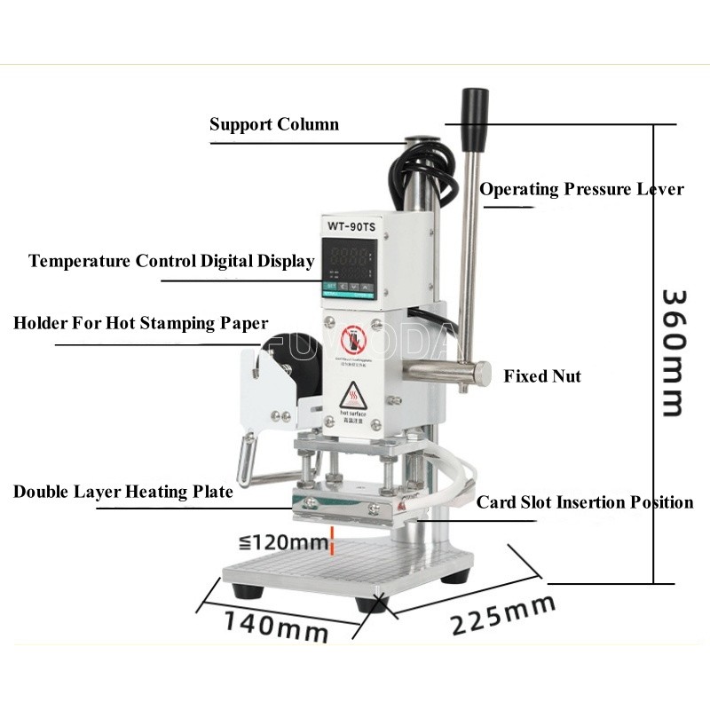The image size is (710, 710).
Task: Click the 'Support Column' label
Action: click(273, 124)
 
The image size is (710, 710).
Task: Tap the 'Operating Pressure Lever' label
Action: click(581, 189)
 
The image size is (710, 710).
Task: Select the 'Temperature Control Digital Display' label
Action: click(171, 261)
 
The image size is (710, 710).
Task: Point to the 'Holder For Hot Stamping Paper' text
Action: click(140, 323)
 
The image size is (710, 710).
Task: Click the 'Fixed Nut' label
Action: click(542, 376)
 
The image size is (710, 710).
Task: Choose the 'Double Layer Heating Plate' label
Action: click(123, 492)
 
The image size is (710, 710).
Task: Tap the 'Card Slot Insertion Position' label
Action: click(585, 502)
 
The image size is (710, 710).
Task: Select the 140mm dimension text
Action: click(275, 626)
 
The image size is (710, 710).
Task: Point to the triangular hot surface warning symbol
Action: click(353, 394)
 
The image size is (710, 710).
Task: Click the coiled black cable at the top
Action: click(424, 169)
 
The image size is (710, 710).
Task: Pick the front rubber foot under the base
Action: click(372, 604)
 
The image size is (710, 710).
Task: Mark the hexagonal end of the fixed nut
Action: click(481, 373)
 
